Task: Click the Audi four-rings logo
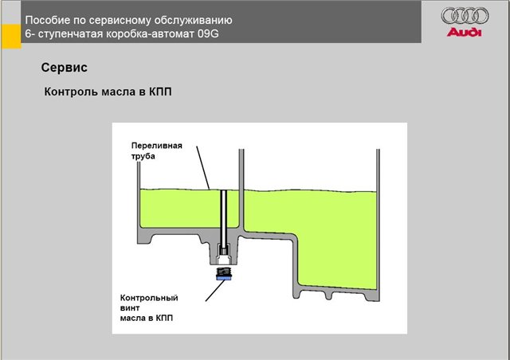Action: [465, 16]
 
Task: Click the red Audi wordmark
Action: [464, 32]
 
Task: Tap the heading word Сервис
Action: [64, 68]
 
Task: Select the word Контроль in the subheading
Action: [71, 92]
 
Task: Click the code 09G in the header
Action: [208, 33]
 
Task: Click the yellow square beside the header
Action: [11, 37]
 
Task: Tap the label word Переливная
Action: [157, 146]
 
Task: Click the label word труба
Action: [143, 156]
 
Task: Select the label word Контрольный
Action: [149, 298]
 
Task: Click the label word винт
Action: [130, 308]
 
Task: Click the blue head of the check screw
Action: [223, 278]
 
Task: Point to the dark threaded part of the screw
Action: [223, 272]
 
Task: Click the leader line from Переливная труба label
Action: [203, 168]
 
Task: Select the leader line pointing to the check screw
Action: [215, 291]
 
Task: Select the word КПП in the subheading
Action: [160, 92]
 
